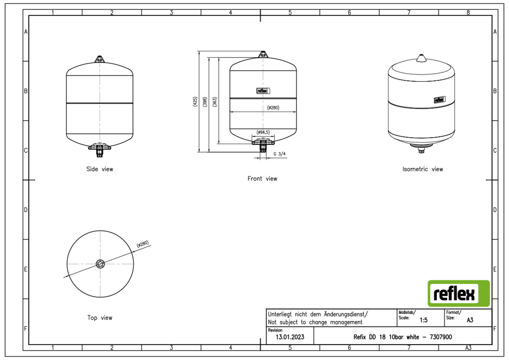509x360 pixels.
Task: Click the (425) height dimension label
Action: (195, 102)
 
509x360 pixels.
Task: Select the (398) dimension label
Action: (205, 102)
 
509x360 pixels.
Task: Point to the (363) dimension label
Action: (214, 102)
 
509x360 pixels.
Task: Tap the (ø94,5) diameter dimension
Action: (263, 132)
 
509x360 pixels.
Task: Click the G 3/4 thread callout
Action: (280, 154)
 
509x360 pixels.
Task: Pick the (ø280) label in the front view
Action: (273, 108)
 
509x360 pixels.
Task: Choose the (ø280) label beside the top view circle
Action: (143, 244)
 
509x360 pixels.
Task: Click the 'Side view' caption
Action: (99, 169)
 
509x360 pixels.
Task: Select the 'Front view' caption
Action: (262, 179)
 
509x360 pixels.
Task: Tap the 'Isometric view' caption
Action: (423, 169)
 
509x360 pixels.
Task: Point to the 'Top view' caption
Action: (100, 318)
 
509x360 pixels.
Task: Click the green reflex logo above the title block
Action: (459, 293)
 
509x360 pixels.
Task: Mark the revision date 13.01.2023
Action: (290, 337)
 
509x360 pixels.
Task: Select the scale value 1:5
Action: (423, 320)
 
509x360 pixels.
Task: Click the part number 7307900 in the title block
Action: (440, 337)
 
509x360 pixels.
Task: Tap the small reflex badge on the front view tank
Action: (263, 91)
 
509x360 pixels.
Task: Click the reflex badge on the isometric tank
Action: (440, 100)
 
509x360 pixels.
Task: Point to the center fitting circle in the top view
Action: (100, 264)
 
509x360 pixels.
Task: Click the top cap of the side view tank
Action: (100, 59)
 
